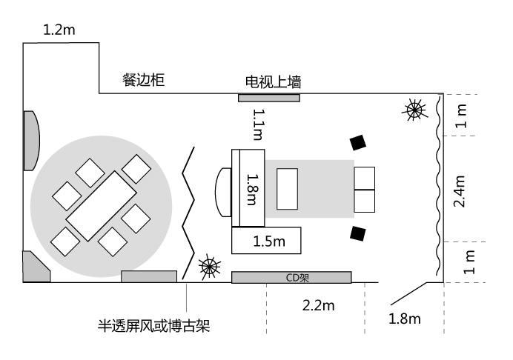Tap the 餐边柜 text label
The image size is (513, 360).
[x=143, y=79]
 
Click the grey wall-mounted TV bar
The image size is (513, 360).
[x=268, y=97]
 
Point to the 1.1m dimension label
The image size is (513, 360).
[x=258, y=124]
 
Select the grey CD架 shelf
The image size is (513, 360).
[x=291, y=277]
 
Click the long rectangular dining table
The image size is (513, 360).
[x=102, y=206]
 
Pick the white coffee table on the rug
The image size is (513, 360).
[x=287, y=189]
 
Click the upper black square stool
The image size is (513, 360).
[x=359, y=141]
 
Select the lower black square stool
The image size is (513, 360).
[x=359, y=233]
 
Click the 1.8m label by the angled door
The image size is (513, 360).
[x=405, y=319]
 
